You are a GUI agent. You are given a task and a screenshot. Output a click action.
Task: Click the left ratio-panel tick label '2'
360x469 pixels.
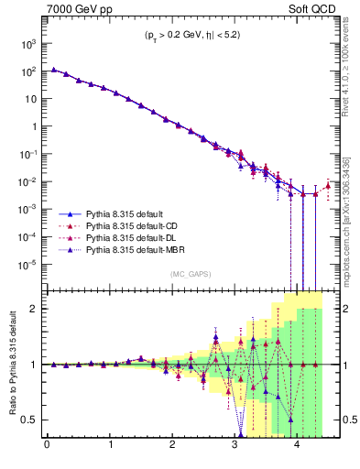click(x=36, y=309)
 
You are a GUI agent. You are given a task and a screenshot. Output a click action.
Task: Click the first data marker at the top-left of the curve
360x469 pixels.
click(x=54, y=70)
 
